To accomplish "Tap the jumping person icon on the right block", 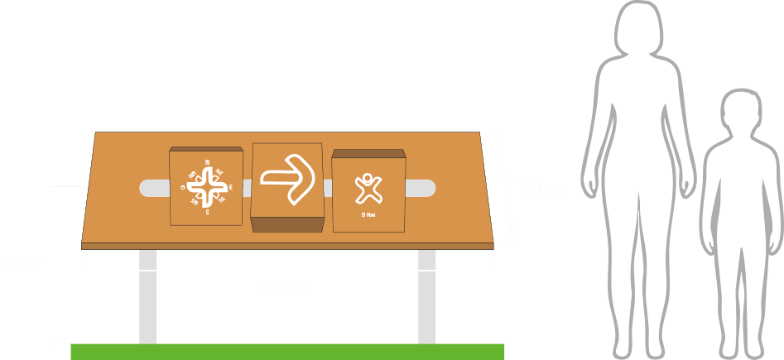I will click(368, 189).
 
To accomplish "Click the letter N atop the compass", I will click(207, 161).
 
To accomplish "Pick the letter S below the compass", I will click(207, 213).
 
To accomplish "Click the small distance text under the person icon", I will click(368, 214).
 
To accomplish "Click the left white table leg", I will click(148, 295).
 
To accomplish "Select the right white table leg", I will click(426, 295).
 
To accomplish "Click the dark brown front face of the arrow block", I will click(286, 223).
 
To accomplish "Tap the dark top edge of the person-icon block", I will click(368, 153).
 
